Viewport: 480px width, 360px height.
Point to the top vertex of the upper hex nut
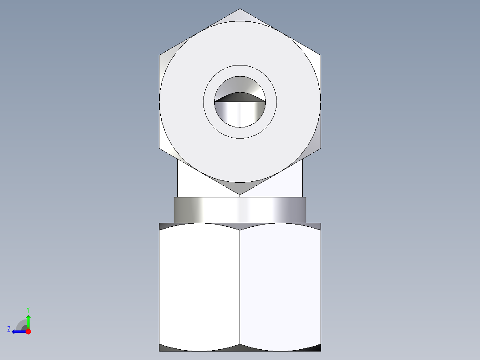coord(240,9)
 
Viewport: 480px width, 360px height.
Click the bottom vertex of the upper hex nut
coord(240,194)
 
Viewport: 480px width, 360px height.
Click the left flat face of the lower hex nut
coord(199,285)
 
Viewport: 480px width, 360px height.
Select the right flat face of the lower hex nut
coord(280,285)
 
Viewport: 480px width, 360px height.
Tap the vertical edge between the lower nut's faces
coord(240,285)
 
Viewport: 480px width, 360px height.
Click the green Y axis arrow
coord(28,320)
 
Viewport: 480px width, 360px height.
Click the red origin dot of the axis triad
coord(28,331)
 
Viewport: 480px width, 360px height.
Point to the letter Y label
coord(28,309)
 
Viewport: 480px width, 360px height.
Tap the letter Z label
coord(9,329)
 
